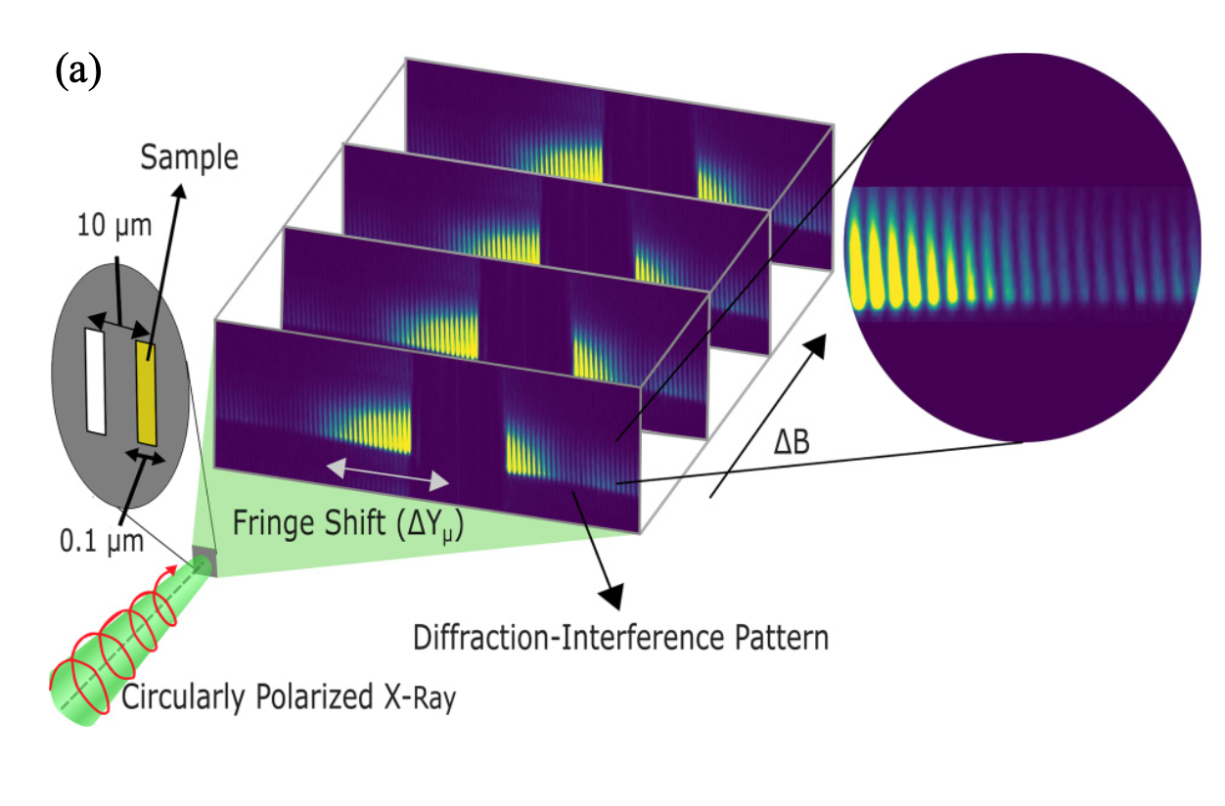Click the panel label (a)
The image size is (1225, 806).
pyautogui.click(x=78, y=73)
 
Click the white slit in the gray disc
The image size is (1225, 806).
pyautogui.click(x=95, y=381)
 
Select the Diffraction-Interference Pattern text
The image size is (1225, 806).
pyautogui.click(x=621, y=638)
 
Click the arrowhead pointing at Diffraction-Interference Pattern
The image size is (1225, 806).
pyautogui.click(x=613, y=594)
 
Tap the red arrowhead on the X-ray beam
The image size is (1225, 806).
pyautogui.click(x=173, y=569)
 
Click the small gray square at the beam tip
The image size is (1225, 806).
pyautogui.click(x=204, y=561)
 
